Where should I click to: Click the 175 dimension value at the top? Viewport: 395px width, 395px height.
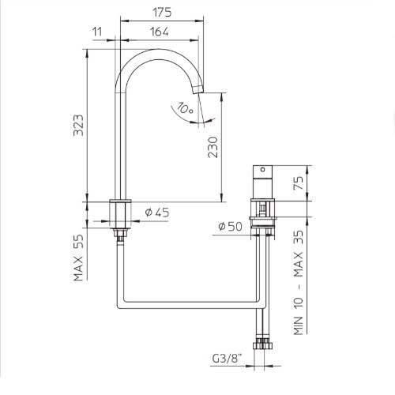point(162,13)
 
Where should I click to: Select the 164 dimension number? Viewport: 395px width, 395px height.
point(160,32)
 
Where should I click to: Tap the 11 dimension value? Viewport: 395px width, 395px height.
point(97,32)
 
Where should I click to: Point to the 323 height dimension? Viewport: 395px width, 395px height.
point(78,125)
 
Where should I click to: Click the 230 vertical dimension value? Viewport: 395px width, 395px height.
point(213,147)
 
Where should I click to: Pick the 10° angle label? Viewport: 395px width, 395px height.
point(185,108)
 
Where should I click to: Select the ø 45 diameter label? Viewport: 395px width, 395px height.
point(157,213)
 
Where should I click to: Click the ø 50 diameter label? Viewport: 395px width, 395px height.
point(230,226)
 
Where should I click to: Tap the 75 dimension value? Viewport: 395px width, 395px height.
point(299,183)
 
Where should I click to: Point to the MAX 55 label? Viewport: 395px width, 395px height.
point(78,258)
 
